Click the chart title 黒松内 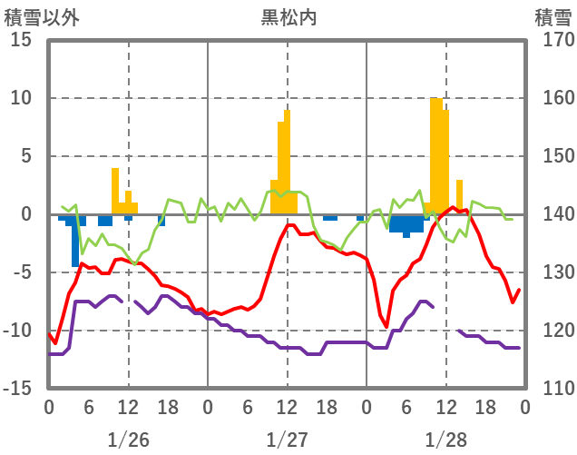(288, 15)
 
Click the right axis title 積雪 (553, 15)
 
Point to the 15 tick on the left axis (21, 40)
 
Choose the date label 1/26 (128, 440)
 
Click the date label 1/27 (288, 440)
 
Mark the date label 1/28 (446, 440)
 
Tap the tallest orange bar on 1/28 (435, 154)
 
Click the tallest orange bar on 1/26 (115, 191)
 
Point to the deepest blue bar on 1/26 (75, 241)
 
